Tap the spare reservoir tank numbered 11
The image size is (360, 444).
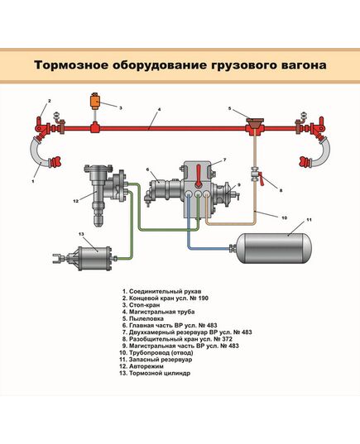point(280,246)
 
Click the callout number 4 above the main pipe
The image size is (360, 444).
point(150,117)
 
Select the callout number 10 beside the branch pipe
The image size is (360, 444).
point(284,218)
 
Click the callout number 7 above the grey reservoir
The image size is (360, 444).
point(224,158)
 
